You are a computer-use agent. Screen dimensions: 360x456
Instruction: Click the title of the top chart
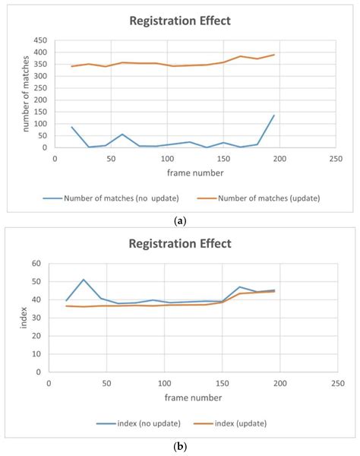tap(180, 21)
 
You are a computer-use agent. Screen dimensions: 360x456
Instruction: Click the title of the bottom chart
tap(180, 244)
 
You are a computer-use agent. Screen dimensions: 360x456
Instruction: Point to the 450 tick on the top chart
tap(40, 40)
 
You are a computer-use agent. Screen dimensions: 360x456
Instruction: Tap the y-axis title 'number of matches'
tap(26, 93)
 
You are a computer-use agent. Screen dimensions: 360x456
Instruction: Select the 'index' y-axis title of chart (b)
tap(24, 318)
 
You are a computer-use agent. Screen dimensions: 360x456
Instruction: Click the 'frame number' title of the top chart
tap(195, 173)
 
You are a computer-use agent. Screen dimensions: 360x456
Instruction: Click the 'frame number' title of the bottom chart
tap(193, 397)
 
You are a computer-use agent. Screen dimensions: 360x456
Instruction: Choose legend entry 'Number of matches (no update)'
tap(111, 198)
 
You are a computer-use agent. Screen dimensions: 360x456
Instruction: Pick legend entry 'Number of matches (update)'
tap(258, 198)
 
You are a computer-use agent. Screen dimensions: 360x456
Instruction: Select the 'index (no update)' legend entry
tap(138, 423)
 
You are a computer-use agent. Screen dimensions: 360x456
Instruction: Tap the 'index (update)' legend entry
tap(230, 423)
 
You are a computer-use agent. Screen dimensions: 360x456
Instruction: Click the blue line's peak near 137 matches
tap(273, 116)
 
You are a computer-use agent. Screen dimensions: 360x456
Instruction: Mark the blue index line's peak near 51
tap(84, 280)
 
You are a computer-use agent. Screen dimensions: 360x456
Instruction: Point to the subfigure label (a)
tap(180, 221)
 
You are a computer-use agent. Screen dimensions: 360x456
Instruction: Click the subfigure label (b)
tap(180, 446)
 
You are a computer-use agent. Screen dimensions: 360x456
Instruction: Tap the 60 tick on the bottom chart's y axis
tap(36, 264)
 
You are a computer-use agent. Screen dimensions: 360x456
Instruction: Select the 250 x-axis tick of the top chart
tap(336, 159)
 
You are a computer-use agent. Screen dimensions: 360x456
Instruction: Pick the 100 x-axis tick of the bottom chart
tap(165, 384)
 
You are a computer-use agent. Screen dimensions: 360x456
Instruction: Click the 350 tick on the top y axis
tap(40, 65)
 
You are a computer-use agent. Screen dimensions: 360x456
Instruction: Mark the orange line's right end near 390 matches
tap(274, 55)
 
